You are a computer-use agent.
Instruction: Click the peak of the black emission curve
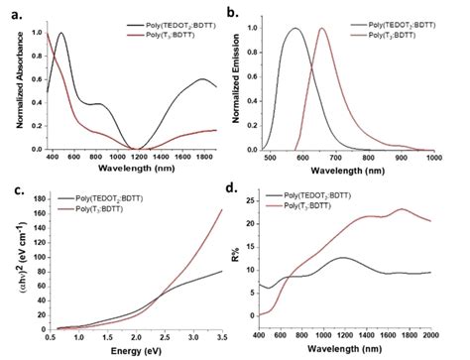click(x=294, y=29)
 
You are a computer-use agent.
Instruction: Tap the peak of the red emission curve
click(x=322, y=29)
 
